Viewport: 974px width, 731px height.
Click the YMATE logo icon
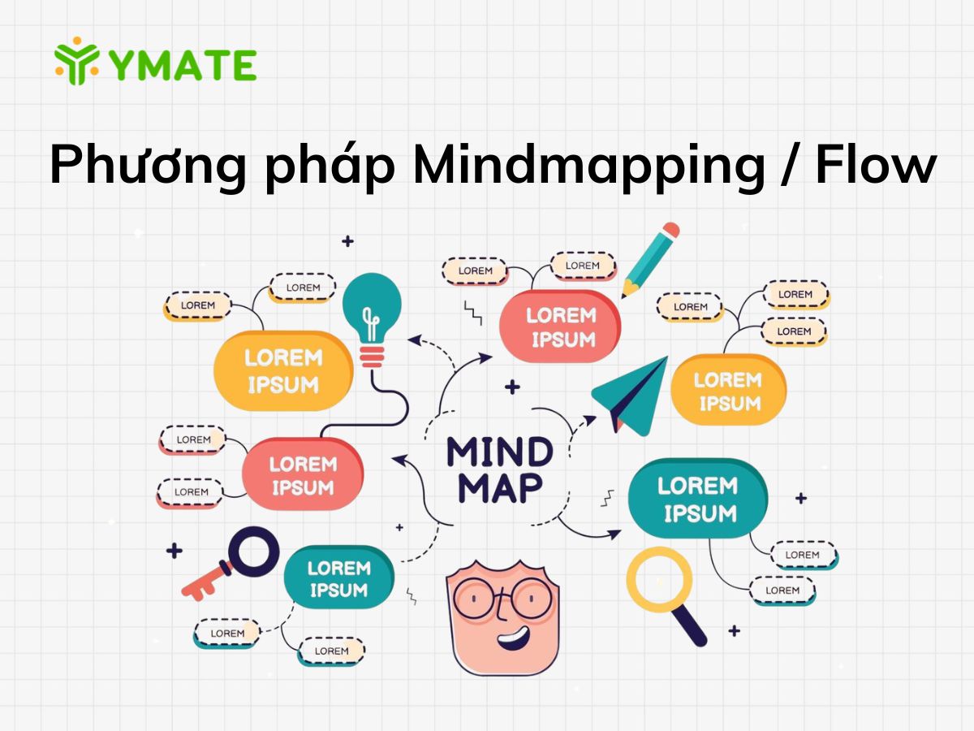76,61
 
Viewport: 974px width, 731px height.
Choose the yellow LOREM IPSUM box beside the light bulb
283,370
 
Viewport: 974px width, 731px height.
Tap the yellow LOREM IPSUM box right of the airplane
728,391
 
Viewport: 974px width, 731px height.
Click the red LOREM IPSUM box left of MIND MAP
302,475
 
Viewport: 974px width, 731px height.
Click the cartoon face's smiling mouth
512,634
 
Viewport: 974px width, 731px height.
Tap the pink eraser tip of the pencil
670,231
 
